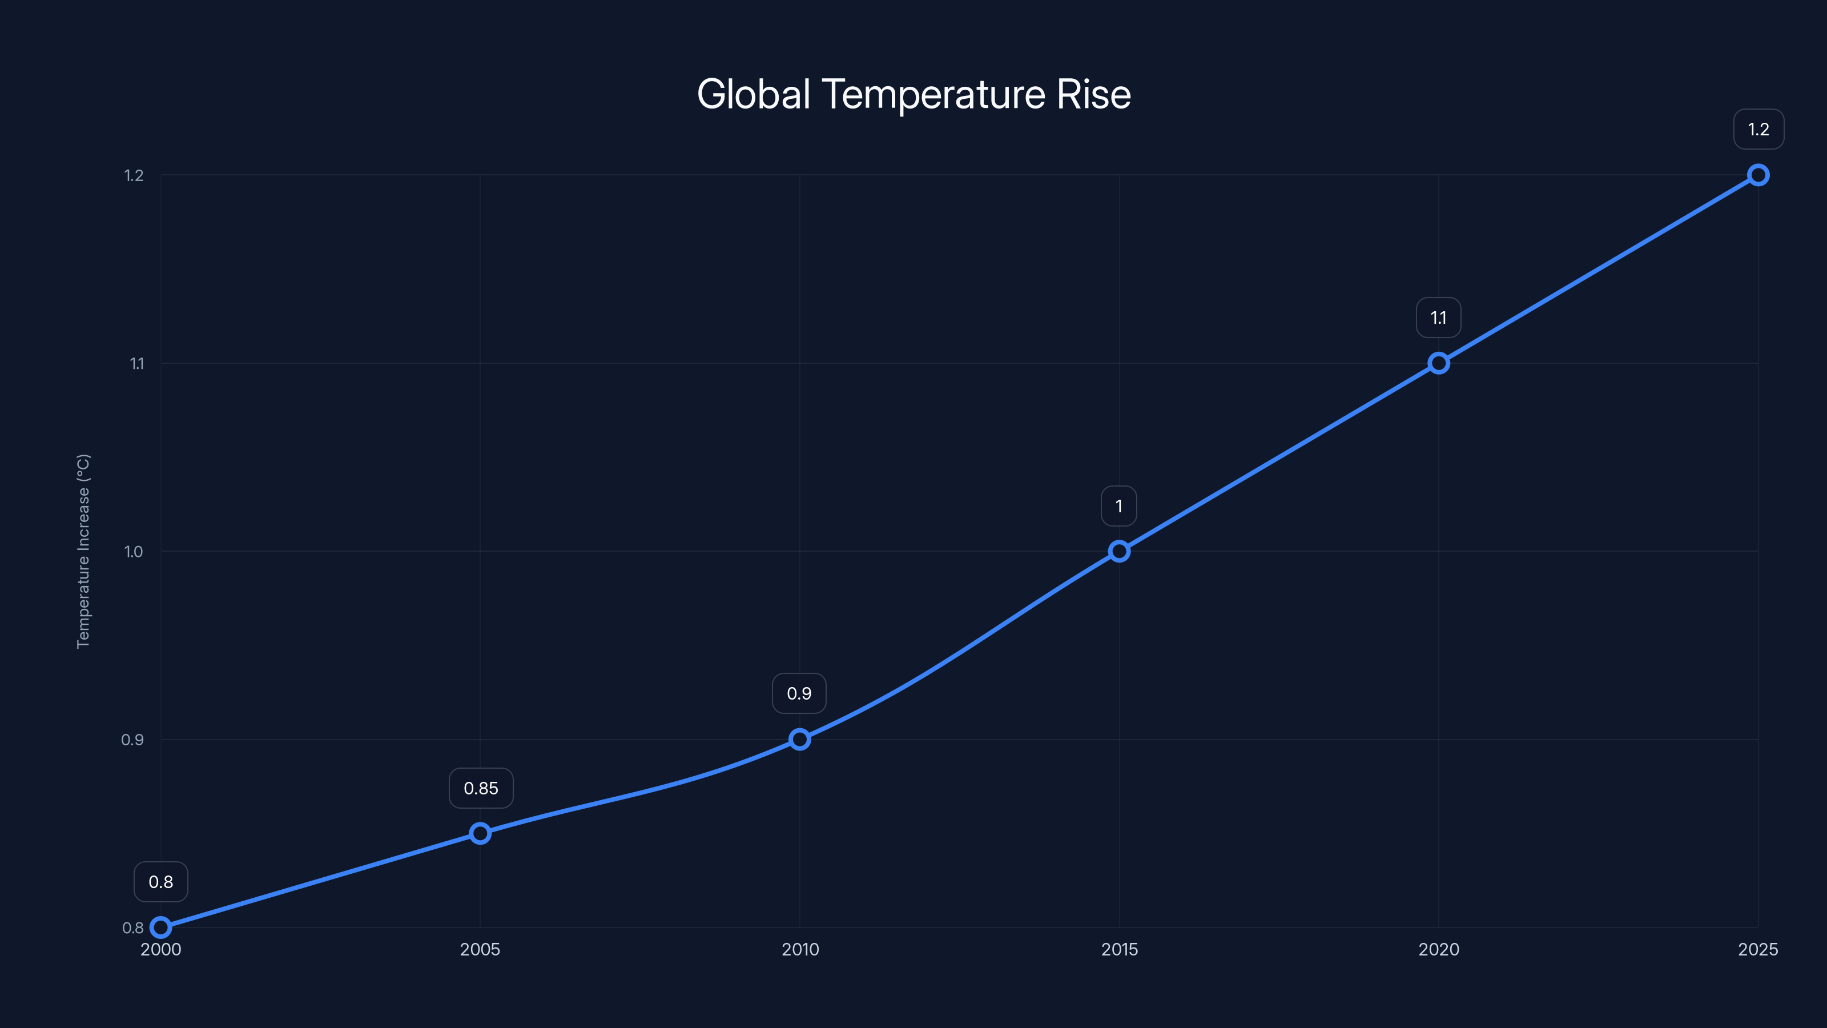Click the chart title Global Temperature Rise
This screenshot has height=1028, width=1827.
click(x=913, y=94)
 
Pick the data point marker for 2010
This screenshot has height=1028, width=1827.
click(x=799, y=739)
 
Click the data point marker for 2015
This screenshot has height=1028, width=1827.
click(x=1119, y=551)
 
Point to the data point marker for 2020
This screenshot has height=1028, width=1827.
click(x=1438, y=363)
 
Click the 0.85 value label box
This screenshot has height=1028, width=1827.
click(x=481, y=788)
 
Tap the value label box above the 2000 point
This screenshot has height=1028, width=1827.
click(x=161, y=882)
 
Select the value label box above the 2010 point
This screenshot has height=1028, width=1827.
click(x=799, y=693)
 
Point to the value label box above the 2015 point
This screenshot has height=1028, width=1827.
click(x=1119, y=506)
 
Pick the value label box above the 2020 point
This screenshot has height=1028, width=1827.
click(x=1438, y=318)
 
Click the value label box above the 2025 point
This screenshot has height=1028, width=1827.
click(x=1758, y=129)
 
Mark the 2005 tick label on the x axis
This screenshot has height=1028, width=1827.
click(x=480, y=949)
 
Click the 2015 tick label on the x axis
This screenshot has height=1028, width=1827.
click(x=1119, y=949)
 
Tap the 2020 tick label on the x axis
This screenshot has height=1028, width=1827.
click(x=1438, y=949)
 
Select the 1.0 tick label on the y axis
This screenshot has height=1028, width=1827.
click(x=134, y=551)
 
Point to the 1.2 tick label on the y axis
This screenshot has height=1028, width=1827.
click(x=134, y=175)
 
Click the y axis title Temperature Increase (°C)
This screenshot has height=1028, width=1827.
click(x=83, y=551)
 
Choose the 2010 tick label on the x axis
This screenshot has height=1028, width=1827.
click(x=800, y=949)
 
